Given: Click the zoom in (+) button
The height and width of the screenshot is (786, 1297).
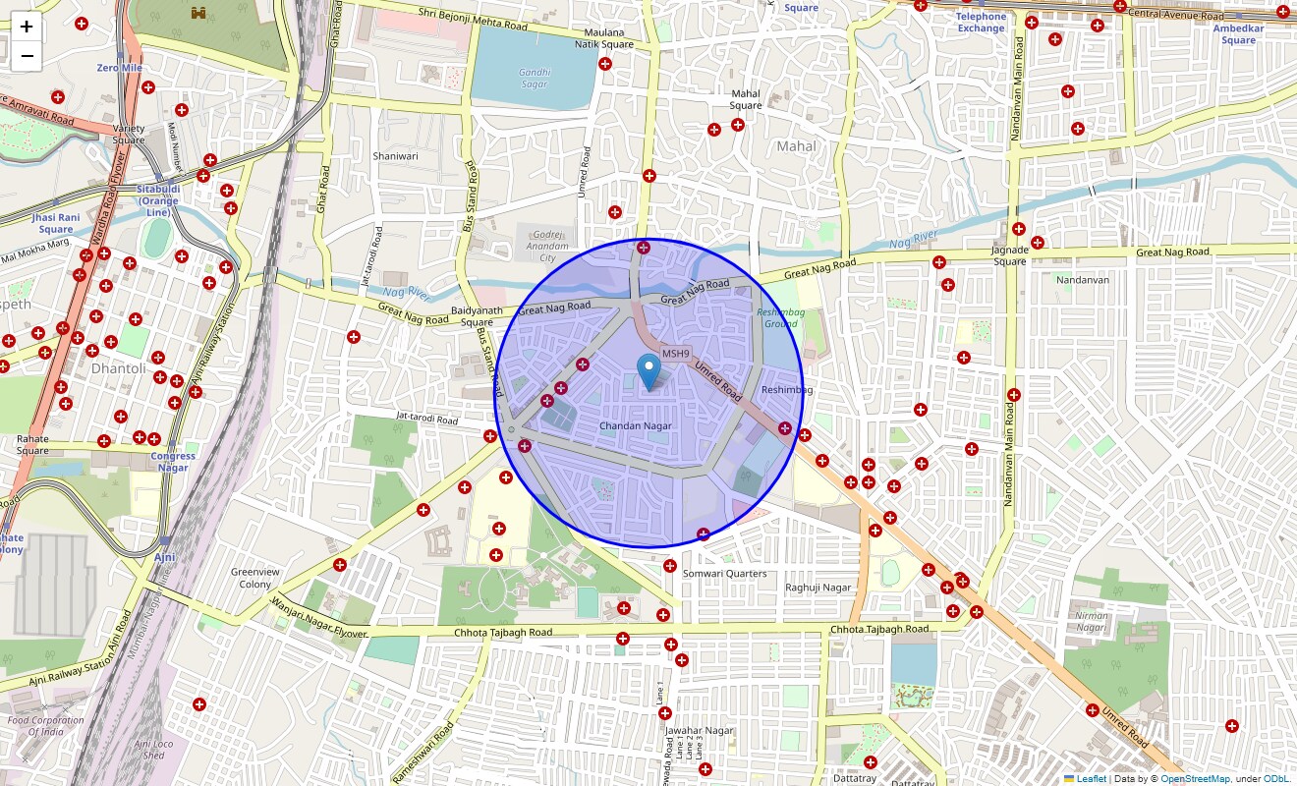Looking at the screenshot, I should coord(27,27).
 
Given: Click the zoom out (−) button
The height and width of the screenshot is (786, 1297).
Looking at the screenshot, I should coord(27,56).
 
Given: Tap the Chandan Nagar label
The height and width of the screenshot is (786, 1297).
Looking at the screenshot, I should coord(636,426).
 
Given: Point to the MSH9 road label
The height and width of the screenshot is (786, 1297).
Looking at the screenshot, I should coord(676,354).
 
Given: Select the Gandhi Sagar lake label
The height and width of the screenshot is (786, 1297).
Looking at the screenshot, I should coord(535,78).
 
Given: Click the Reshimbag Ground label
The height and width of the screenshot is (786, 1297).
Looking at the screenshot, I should coord(781,318).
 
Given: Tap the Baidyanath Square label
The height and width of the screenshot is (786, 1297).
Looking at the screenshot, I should coord(478,316).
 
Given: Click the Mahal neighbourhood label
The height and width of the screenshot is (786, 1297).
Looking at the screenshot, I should coord(796,146).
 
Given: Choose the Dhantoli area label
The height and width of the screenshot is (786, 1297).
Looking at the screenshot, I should coord(118,368).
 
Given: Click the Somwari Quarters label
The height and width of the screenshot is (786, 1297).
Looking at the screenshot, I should coord(725,574).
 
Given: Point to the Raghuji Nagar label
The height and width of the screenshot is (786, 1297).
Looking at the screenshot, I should coord(818,588).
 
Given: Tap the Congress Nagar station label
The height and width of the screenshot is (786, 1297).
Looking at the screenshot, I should coord(173,462).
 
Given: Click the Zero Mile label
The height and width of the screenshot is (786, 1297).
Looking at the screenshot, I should coord(120,68).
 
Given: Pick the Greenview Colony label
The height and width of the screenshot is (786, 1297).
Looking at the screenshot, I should coord(255,578).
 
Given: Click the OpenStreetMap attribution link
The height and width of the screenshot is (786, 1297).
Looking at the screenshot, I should coord(1195,779).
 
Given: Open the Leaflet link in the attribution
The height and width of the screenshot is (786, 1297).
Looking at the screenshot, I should coord(1091,779).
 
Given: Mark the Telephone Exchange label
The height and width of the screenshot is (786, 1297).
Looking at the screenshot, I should coord(981,22).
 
